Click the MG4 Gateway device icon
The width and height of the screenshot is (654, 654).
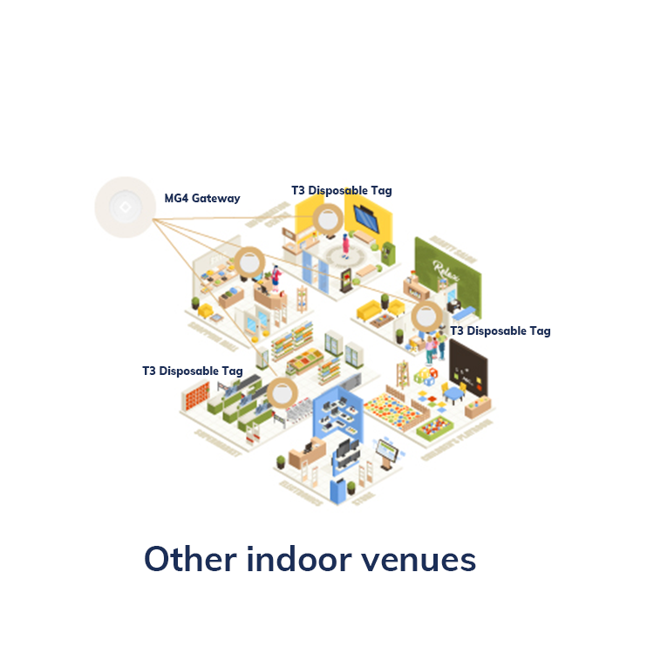[124, 208]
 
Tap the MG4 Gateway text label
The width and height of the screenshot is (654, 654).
[202, 199]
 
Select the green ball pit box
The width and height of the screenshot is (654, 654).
[439, 426]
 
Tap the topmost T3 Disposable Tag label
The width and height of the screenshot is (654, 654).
[342, 190]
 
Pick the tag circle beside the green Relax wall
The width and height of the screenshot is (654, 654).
[427, 318]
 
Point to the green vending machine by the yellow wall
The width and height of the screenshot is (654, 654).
[388, 252]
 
